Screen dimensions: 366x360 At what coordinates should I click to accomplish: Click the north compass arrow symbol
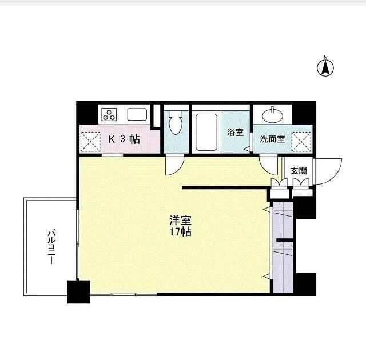click(325, 67)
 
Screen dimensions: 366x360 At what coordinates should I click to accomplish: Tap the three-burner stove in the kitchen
click(109, 114)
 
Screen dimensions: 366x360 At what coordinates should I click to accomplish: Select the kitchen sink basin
click(137, 114)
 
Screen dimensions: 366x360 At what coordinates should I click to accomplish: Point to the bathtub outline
click(206, 132)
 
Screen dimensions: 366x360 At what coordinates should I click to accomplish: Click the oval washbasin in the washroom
click(272, 115)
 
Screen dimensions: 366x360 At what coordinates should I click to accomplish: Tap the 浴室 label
click(235, 132)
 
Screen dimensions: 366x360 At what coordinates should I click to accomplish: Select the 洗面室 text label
click(272, 139)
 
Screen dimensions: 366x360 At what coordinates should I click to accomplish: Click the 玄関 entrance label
click(299, 171)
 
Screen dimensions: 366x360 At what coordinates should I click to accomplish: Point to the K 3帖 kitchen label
click(124, 139)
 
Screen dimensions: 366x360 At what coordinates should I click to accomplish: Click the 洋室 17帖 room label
click(181, 226)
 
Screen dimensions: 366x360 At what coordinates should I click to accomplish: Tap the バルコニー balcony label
click(51, 247)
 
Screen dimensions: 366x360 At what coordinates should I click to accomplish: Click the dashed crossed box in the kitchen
click(90, 142)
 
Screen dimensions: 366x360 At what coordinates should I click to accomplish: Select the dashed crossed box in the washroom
click(301, 142)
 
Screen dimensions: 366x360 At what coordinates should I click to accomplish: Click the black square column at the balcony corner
click(79, 291)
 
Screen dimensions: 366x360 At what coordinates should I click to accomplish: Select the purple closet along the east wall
click(283, 247)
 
